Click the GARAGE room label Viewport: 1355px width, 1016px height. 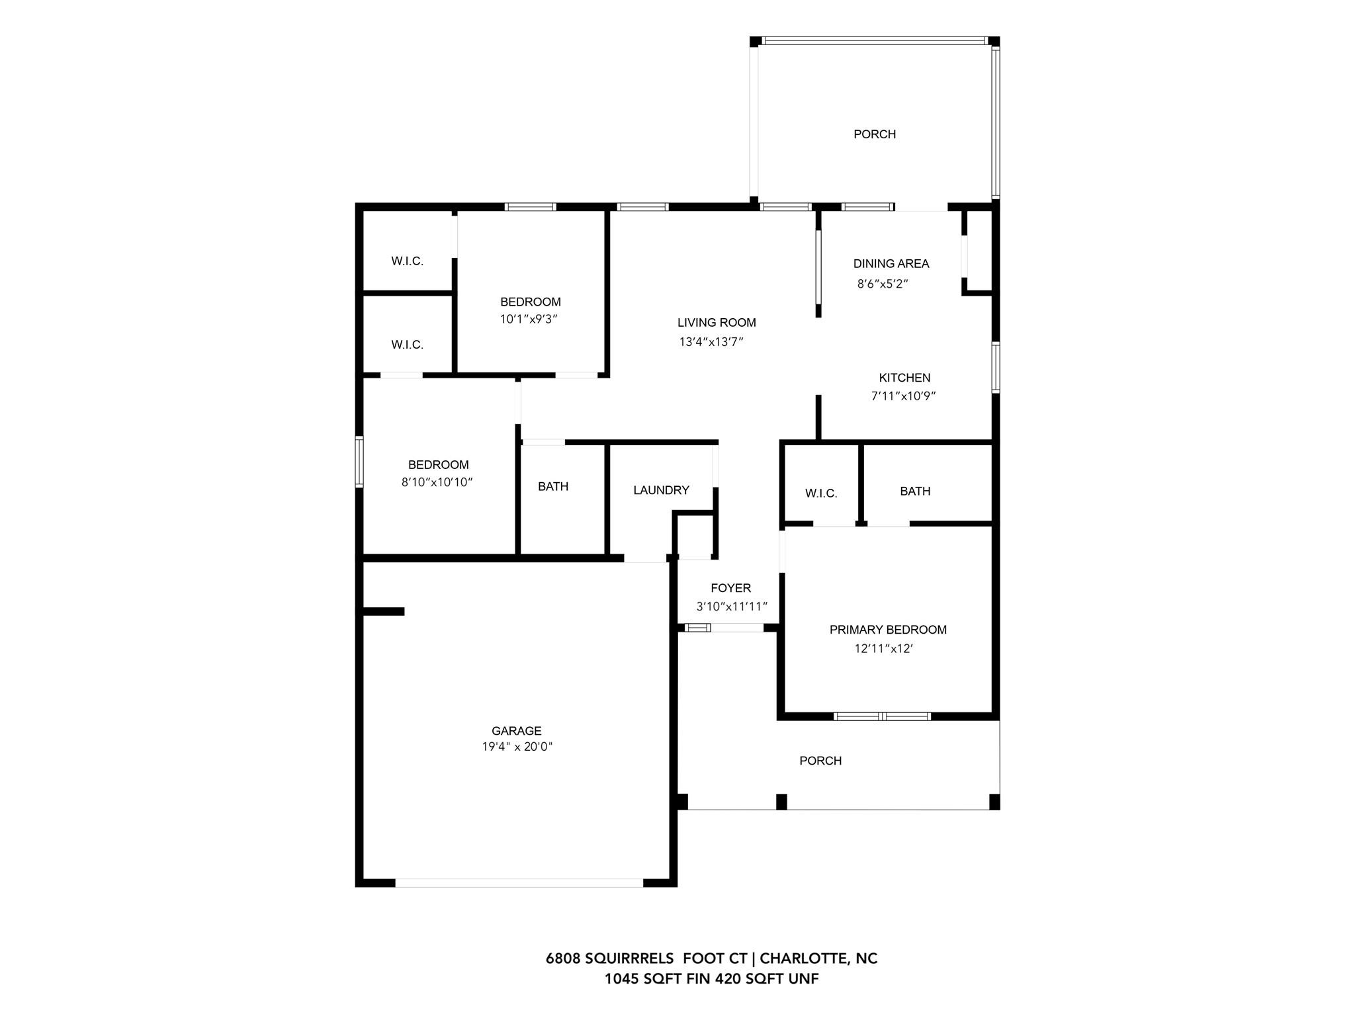(x=516, y=731)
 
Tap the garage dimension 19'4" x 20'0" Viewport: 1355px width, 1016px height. (x=517, y=747)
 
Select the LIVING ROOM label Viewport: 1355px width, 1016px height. (x=717, y=323)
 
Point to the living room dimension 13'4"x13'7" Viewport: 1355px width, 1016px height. (x=711, y=342)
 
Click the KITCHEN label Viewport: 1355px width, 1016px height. (x=904, y=378)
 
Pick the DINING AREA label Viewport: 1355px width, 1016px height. (x=891, y=263)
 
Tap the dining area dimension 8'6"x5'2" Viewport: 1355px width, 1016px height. (x=883, y=284)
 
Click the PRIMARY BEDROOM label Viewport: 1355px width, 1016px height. (x=888, y=630)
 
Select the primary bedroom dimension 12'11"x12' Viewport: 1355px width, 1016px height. (x=883, y=649)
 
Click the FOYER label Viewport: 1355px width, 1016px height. (x=730, y=588)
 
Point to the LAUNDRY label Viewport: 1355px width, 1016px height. (x=661, y=490)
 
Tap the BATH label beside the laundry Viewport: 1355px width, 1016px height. (x=553, y=487)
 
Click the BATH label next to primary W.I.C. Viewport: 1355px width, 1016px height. (x=915, y=491)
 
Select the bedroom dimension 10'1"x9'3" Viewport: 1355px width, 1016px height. (x=529, y=319)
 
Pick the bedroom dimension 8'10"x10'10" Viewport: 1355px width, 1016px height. (x=437, y=483)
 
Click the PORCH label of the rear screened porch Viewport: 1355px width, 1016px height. (x=875, y=134)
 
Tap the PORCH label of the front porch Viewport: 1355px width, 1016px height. (x=820, y=761)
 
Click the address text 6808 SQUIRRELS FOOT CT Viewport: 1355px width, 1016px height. (x=646, y=958)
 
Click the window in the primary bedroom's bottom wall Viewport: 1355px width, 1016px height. (x=882, y=716)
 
